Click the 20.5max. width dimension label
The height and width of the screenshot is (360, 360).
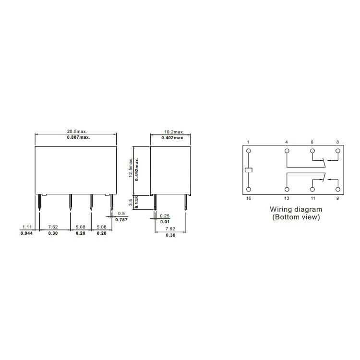click(x=77, y=132)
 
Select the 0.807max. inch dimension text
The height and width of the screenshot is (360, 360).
click(x=79, y=137)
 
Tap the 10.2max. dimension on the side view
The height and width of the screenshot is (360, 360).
click(x=174, y=132)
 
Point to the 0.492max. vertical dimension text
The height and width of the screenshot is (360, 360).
click(x=137, y=169)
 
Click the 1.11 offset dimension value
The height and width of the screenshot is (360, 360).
click(x=27, y=227)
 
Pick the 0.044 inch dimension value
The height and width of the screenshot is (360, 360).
click(x=26, y=233)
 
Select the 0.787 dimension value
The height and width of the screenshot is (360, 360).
click(x=121, y=220)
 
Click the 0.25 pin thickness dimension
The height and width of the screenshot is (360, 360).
click(x=165, y=216)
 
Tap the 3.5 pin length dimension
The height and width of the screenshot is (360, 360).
click(x=131, y=203)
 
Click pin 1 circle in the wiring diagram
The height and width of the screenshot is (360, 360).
click(x=249, y=151)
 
